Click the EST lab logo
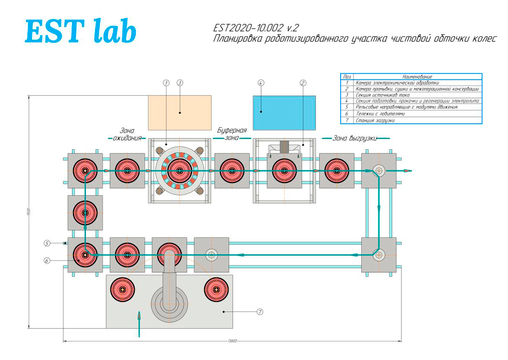80,31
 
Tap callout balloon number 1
166,83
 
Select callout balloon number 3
180,83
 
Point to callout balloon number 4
261,83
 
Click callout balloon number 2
303,83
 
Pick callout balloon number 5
47,243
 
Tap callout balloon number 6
47,260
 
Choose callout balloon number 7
260,311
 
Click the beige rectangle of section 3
180,112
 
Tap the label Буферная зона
232,134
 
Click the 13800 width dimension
233,341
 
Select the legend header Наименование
417,77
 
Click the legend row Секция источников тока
382,95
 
